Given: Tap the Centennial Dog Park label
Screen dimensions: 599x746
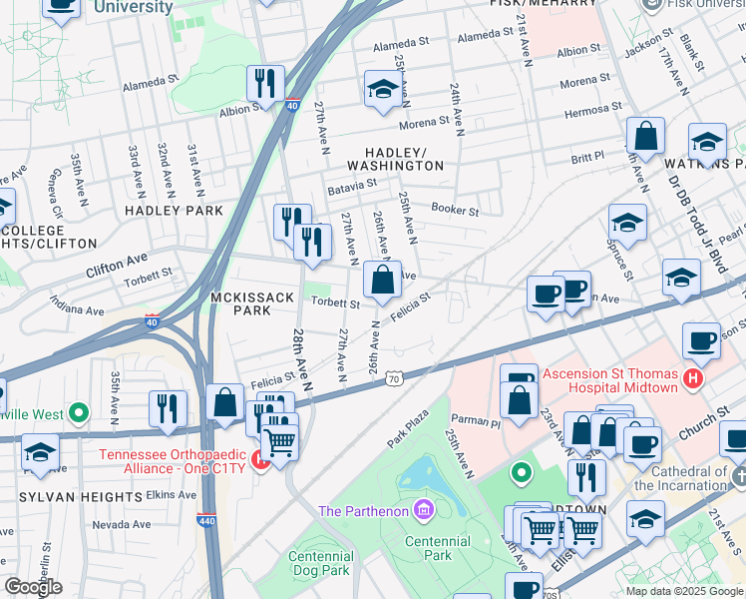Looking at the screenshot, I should point(319,563).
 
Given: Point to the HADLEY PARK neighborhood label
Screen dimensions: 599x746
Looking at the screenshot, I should point(174,211).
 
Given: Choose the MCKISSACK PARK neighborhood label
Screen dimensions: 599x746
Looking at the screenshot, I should point(240,303).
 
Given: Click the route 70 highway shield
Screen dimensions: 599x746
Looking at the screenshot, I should point(396,378).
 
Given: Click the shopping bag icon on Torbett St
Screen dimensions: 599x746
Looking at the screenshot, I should point(382,280).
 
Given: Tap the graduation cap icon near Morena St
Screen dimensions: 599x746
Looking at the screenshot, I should point(382,90).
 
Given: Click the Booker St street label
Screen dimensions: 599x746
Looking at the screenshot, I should point(455,211).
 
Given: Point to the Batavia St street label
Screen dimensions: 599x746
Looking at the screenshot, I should point(351,184).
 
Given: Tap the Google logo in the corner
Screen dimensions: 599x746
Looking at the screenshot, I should point(33,587).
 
